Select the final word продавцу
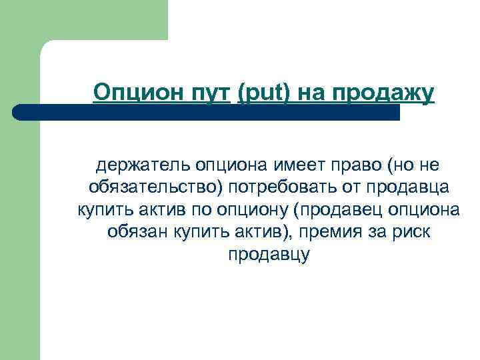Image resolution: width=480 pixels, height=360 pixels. tap(269, 255)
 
